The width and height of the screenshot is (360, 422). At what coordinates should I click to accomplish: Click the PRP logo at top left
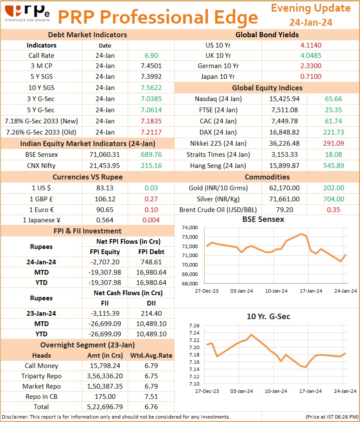tap(27, 13)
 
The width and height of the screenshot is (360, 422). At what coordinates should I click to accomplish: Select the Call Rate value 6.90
tap(152, 56)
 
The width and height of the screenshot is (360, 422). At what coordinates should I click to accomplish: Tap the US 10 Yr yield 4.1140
tap(311, 45)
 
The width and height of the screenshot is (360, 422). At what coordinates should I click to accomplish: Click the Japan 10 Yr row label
tap(218, 77)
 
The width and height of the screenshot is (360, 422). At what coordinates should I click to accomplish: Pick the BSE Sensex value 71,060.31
tap(104, 155)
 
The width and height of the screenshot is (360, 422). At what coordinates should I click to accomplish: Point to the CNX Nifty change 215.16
tap(152, 166)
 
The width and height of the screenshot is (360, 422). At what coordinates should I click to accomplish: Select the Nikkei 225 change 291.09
tap(333, 144)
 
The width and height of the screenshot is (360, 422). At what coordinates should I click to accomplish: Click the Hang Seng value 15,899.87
tap(285, 166)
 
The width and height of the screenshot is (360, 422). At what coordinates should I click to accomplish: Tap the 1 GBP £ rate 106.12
tap(105, 199)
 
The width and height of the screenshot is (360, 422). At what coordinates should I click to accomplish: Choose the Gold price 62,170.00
tap(285, 188)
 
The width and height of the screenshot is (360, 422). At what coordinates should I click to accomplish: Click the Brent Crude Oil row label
tap(218, 210)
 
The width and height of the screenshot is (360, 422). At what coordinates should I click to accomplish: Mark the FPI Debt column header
tap(152, 252)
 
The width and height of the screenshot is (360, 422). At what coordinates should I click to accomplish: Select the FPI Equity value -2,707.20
tap(105, 262)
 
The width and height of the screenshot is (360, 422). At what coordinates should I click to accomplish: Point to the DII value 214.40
tap(152, 314)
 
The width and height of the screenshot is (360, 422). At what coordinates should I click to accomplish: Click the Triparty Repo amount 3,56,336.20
tap(105, 376)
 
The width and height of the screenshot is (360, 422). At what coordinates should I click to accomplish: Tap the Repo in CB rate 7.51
tap(152, 397)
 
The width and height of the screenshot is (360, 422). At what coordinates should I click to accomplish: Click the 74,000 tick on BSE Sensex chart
tap(190, 227)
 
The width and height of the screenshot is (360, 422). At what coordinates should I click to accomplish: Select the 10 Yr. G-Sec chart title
tap(268, 317)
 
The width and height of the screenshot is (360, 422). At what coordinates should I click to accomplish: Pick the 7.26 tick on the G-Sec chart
tap(194, 326)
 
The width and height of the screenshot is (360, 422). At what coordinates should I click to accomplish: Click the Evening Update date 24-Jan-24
tap(311, 22)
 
